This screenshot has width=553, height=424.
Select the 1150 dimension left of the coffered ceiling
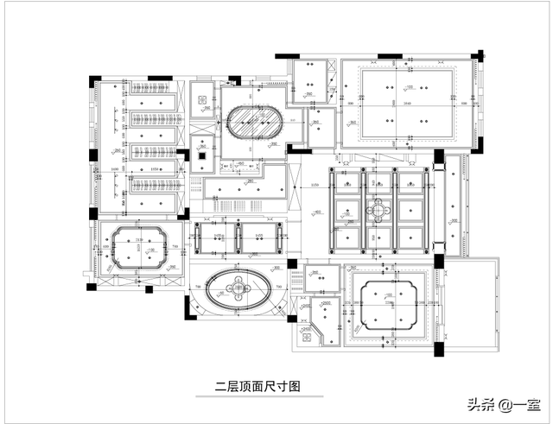click(x=315, y=185)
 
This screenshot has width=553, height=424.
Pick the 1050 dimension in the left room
click(x=155, y=168)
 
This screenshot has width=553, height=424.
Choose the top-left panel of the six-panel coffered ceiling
click(x=346, y=184)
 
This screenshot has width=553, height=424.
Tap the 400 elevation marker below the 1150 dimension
click(x=317, y=212)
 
